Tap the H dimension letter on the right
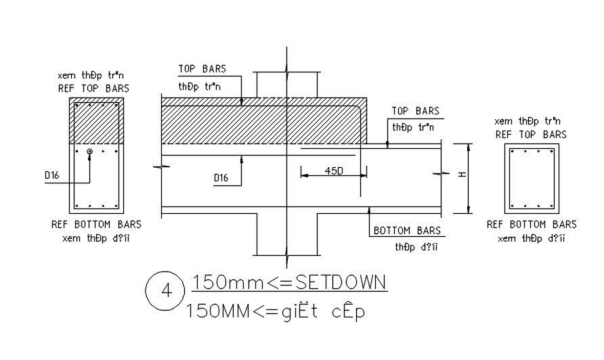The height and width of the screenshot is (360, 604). click(x=462, y=175)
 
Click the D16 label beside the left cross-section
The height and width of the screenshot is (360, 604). click(x=52, y=175)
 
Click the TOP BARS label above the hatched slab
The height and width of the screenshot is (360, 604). click(x=202, y=69)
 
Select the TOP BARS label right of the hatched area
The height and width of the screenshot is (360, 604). click(x=415, y=111)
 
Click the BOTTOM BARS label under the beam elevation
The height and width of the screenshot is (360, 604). click(x=407, y=231)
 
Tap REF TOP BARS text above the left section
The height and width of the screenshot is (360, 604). click(x=95, y=88)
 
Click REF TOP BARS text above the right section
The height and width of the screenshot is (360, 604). click(x=531, y=135)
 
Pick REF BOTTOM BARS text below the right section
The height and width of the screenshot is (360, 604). click(x=532, y=224)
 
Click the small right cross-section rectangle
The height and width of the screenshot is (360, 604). click(x=532, y=179)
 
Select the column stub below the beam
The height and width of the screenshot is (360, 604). click(x=286, y=234)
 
